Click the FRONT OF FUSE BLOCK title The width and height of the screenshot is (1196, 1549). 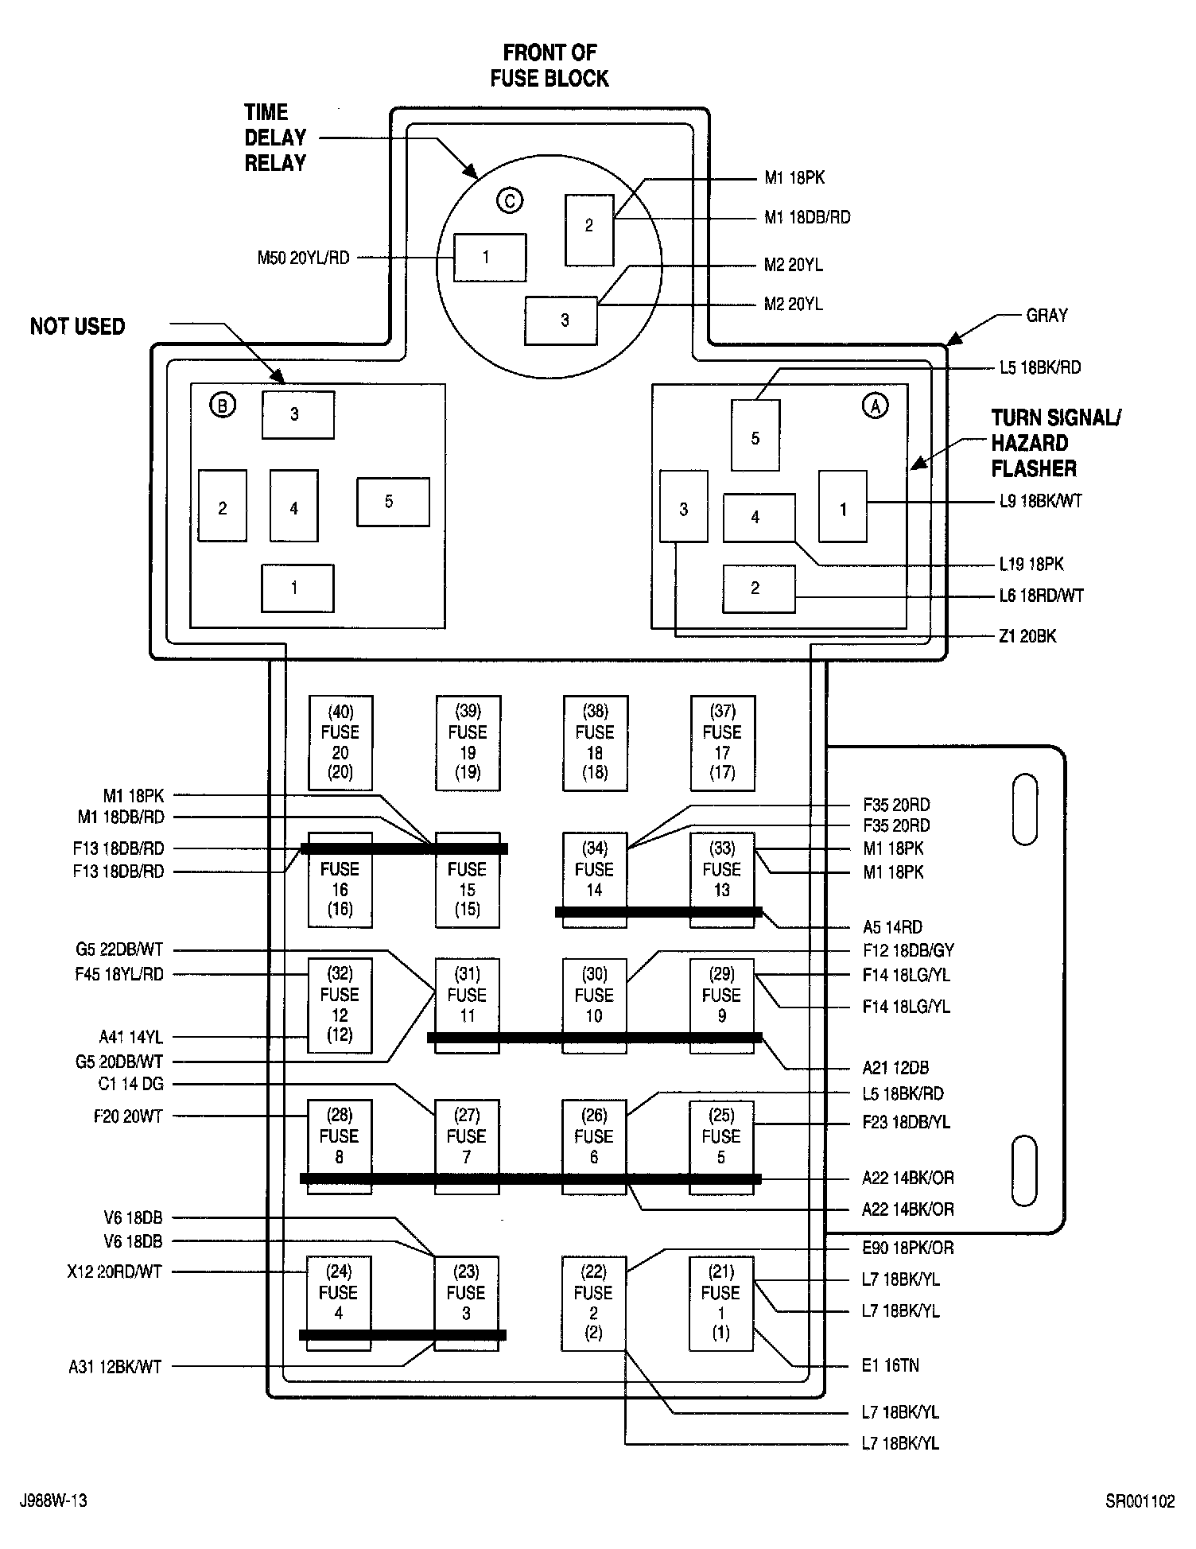pyautogui.click(x=549, y=66)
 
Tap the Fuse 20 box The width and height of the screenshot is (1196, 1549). pyautogui.click(x=340, y=743)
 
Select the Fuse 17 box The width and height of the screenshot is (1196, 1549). pyautogui.click(x=722, y=743)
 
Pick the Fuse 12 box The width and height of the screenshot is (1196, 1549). pyautogui.click(x=340, y=1005)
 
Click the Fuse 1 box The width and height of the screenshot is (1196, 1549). pyautogui.click(x=721, y=1303)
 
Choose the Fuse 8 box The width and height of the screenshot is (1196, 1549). pyautogui.click(x=340, y=1147)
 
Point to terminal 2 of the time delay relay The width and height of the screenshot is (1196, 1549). pyautogui.click(x=589, y=230)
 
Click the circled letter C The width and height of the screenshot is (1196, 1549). pyautogui.click(x=509, y=200)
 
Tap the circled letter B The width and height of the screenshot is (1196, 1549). pyautogui.click(x=223, y=406)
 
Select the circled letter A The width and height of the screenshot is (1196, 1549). pyautogui.click(x=876, y=406)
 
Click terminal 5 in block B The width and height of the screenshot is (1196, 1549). pyautogui.click(x=393, y=502)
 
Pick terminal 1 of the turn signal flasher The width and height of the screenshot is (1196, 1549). pyautogui.click(x=843, y=507)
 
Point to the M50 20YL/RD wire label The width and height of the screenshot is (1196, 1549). pyautogui.click(x=303, y=258)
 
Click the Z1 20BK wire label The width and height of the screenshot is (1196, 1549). pyautogui.click(x=1028, y=636)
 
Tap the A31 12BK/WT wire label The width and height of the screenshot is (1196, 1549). pyautogui.click(x=115, y=1367)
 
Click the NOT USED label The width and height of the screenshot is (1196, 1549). pyautogui.click(x=77, y=327)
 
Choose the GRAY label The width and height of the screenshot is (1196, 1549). pyautogui.click(x=1046, y=316)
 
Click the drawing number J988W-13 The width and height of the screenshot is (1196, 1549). pyautogui.click(x=53, y=1500)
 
